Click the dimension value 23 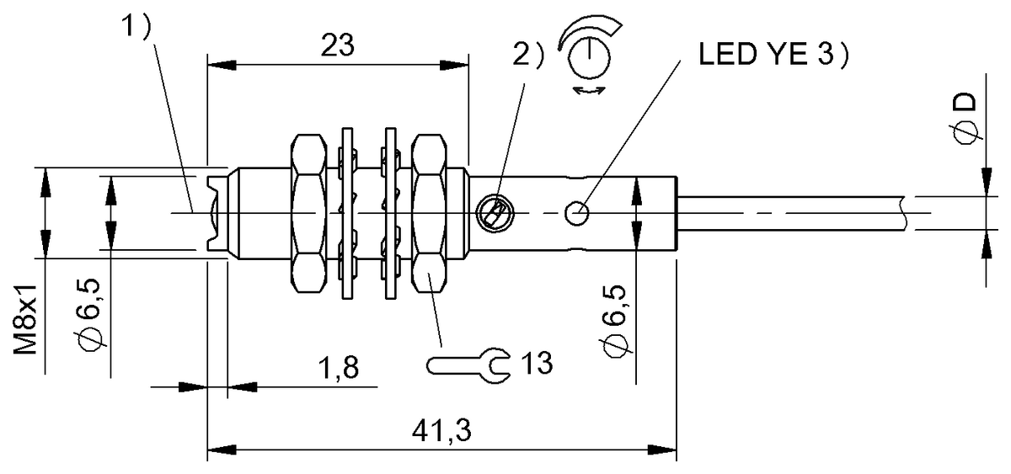coord(337,47)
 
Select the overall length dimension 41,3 coord(441,431)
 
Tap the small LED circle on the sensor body coord(577,214)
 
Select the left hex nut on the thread coord(308,214)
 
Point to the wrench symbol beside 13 coord(468,364)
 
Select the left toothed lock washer coord(347,214)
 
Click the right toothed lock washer coord(389,214)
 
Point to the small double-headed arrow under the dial coord(587,90)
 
